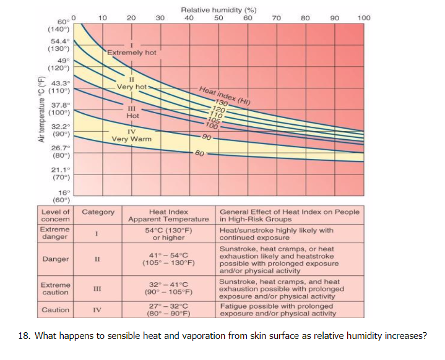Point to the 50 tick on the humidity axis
[218, 18]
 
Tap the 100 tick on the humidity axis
[364, 18]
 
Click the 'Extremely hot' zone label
[132, 53]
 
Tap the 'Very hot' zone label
[132, 87]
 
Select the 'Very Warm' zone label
[131, 139]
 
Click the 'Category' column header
[98, 212]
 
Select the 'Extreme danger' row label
[55, 233]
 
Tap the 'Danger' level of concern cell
[55, 259]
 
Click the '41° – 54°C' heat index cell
[168, 255]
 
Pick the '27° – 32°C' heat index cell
[168, 306]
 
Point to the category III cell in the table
[97, 288]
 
